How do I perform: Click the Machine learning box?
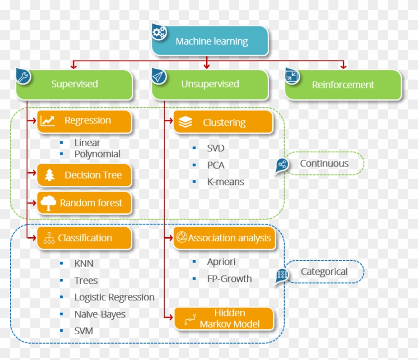(210, 41)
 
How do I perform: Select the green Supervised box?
(75, 84)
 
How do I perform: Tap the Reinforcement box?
(343, 85)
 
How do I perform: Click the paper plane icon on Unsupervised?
(159, 76)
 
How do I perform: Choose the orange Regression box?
(85, 121)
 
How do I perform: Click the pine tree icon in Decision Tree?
(49, 175)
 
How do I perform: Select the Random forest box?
(85, 203)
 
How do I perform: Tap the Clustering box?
(223, 122)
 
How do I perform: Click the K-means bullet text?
(225, 182)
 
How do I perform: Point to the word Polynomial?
(98, 154)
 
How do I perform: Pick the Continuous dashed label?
(324, 164)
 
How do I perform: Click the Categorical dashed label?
(324, 272)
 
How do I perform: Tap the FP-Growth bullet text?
(229, 279)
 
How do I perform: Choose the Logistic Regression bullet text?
(114, 297)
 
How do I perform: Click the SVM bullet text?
(84, 331)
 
